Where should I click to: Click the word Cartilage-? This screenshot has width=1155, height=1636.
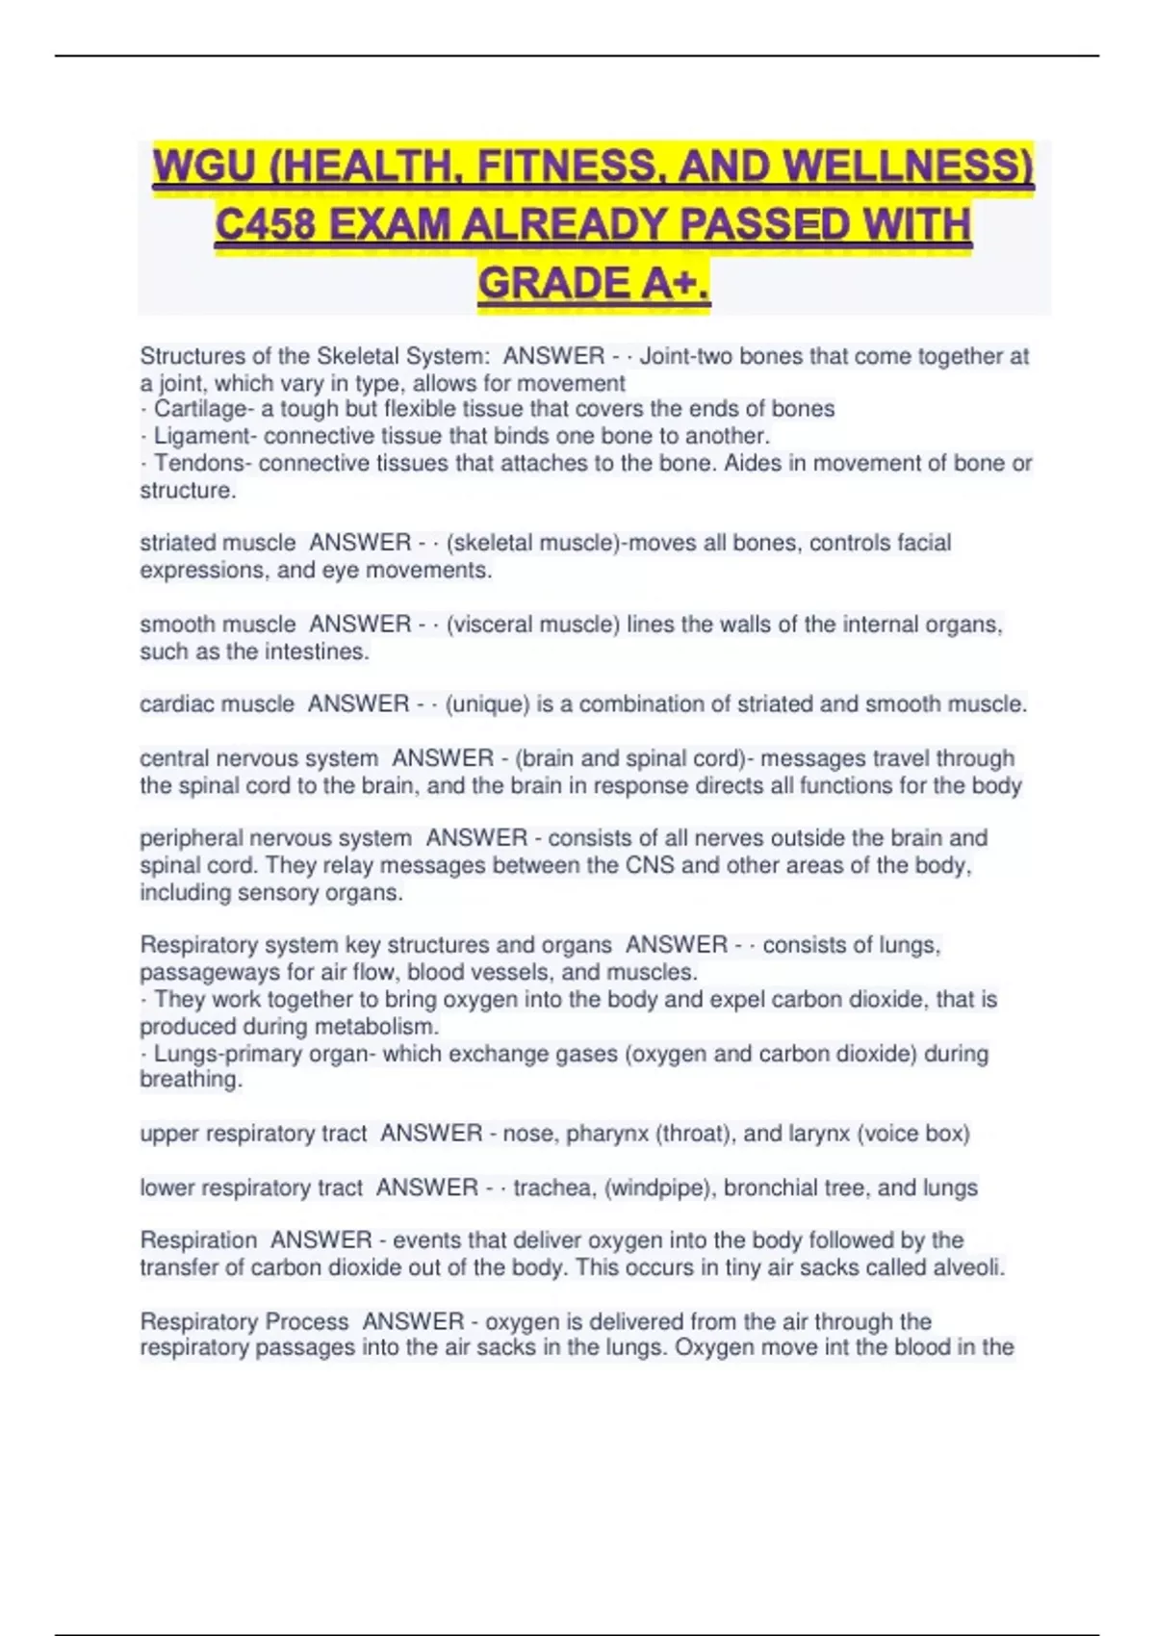pyautogui.click(x=200, y=409)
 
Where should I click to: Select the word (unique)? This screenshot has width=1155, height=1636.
pyautogui.click(x=487, y=704)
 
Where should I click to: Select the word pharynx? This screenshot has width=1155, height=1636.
pyautogui.click(x=606, y=1134)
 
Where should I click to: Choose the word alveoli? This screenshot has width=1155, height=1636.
pyautogui.click(x=968, y=1267)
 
